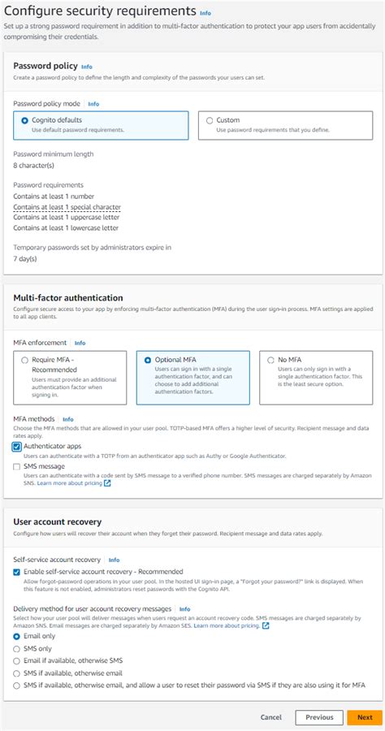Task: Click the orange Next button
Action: (365, 717)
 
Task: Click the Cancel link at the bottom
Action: (271, 717)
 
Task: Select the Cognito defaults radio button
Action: (25, 120)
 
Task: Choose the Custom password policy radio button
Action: (210, 120)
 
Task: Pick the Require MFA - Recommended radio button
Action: (25, 360)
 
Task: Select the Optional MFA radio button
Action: (147, 360)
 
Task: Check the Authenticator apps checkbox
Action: (17, 446)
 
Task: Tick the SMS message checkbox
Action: (17, 466)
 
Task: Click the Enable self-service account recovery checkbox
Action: (17, 572)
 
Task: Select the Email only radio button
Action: (17, 636)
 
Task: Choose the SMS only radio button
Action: (17, 649)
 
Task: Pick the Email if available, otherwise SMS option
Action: (17, 661)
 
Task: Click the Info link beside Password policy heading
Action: (87, 66)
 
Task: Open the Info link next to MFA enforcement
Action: (80, 343)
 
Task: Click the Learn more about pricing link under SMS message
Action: (69, 483)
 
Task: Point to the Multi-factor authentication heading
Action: (67, 298)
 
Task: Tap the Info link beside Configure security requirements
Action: (205, 13)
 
